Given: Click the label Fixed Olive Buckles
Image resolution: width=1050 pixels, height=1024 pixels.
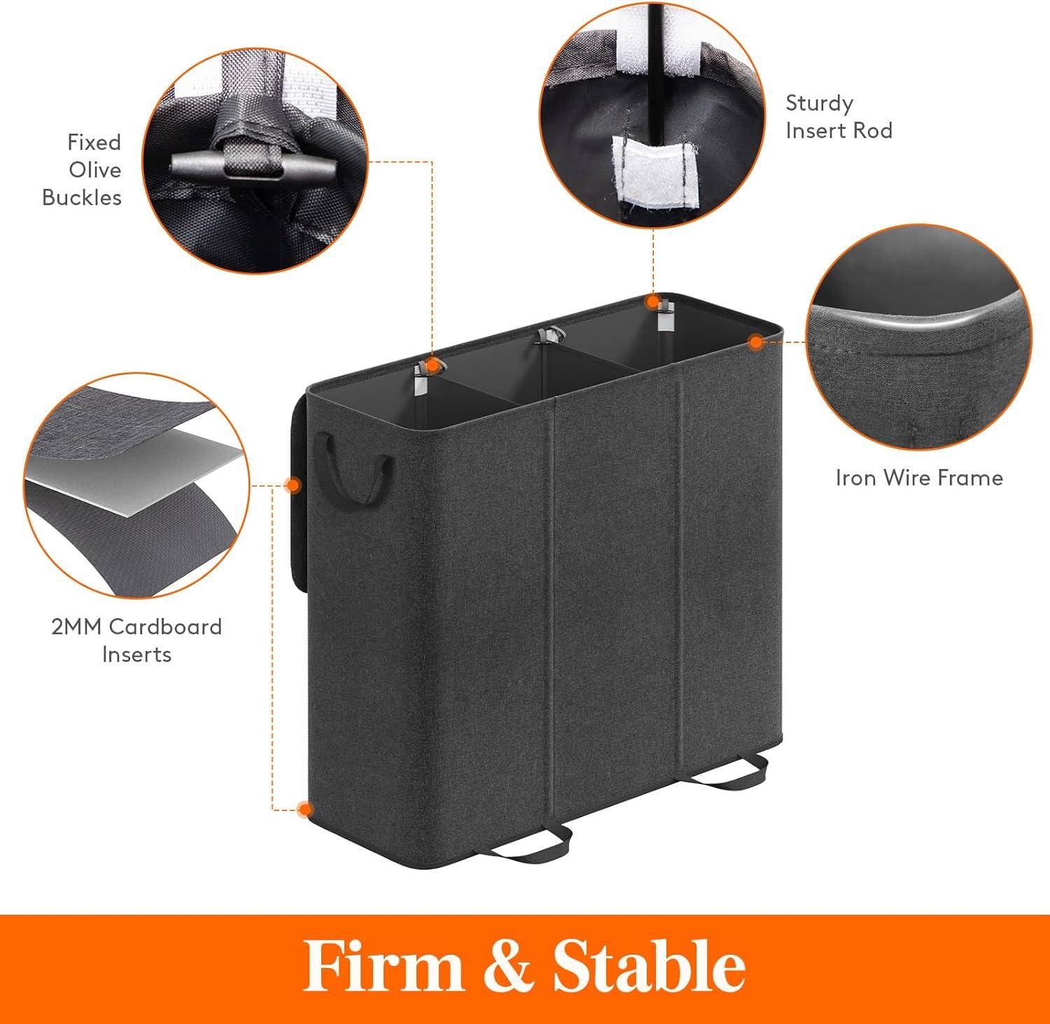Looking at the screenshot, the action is (x=82, y=170).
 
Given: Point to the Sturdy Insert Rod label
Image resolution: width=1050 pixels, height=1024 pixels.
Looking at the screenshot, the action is (x=839, y=117).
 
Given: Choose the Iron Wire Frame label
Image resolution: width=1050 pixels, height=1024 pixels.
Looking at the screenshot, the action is (x=919, y=478).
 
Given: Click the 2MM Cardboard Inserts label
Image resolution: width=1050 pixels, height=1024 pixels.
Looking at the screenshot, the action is (x=136, y=640).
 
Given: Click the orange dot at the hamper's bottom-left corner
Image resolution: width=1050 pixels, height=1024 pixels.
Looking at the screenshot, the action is (x=304, y=810).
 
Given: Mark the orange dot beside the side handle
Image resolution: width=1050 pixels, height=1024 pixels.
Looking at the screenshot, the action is (x=294, y=484).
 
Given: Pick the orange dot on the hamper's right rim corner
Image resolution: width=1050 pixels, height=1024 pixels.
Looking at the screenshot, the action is (x=755, y=342).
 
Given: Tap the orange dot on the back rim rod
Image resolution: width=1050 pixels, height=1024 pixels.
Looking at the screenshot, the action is (x=652, y=302).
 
